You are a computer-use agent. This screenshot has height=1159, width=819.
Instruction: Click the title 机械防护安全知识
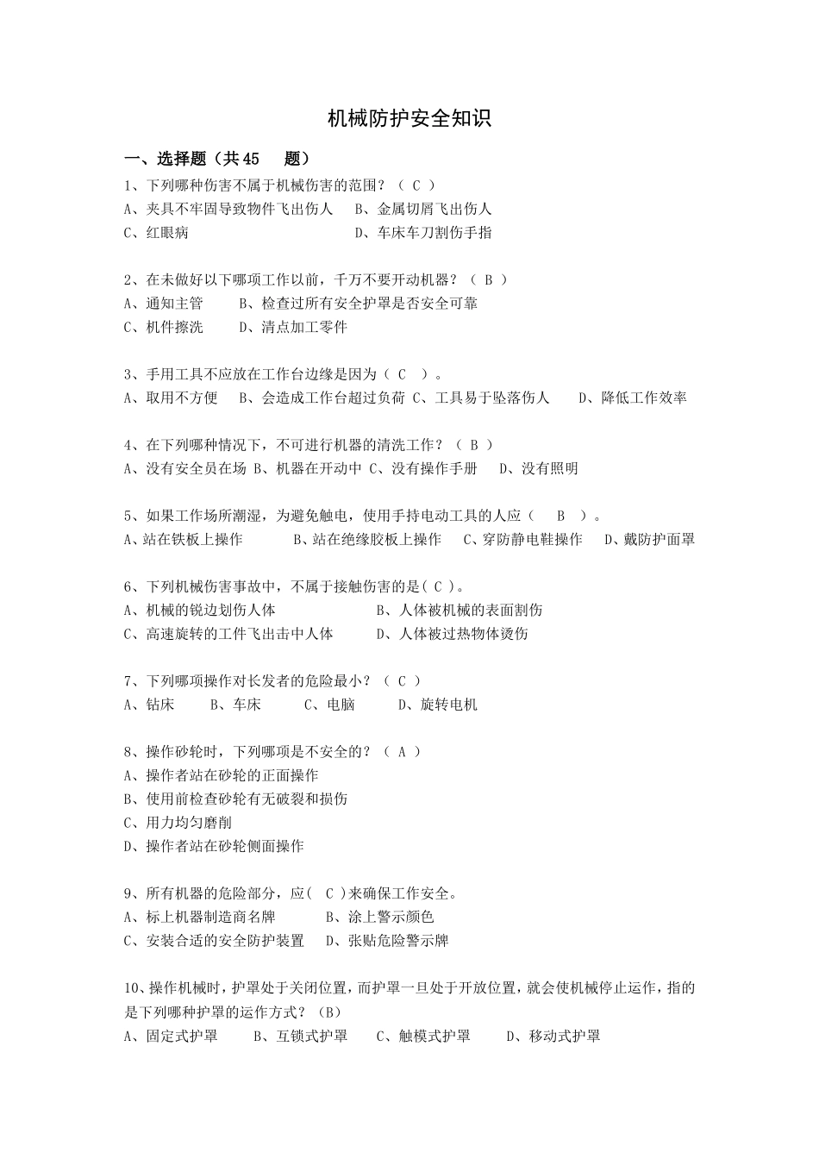pos(409,119)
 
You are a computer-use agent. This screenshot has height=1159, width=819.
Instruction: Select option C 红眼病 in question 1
pos(157,232)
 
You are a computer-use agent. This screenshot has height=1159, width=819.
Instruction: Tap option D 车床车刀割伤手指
pos(424,232)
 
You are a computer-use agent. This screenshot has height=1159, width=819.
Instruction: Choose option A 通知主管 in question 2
pos(164,303)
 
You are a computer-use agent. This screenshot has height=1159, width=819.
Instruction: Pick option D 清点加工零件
pos(293,327)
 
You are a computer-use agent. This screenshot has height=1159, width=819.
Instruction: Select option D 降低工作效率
pos(633,398)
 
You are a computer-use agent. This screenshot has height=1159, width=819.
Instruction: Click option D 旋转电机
pos(437,704)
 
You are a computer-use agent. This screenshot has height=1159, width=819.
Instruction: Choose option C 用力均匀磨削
pos(178,822)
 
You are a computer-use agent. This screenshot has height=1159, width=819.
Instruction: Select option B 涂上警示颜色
pos(380,917)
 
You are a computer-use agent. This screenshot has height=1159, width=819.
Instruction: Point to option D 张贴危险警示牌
pos(388,940)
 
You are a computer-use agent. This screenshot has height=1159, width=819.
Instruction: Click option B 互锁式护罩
pos(301,1035)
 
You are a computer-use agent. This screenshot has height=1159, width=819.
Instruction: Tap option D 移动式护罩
pos(553,1035)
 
